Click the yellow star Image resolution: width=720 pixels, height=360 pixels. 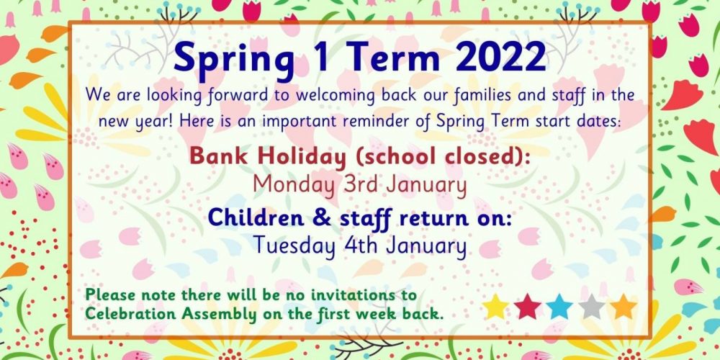click(495, 307)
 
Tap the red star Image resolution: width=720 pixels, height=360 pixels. click(528, 307)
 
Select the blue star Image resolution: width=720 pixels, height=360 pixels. click(559, 307)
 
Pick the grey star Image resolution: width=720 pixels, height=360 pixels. click(591, 307)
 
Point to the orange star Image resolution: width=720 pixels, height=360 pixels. click(624, 307)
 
